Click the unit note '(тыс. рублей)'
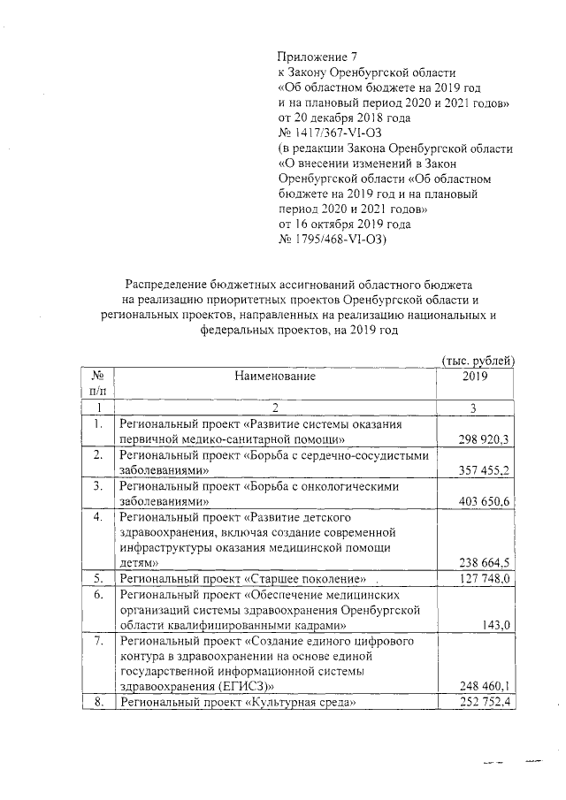[478, 361]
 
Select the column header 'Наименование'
[275, 376]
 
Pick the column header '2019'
[475, 376]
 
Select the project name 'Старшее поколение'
[309, 579]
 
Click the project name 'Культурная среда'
[302, 703]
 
